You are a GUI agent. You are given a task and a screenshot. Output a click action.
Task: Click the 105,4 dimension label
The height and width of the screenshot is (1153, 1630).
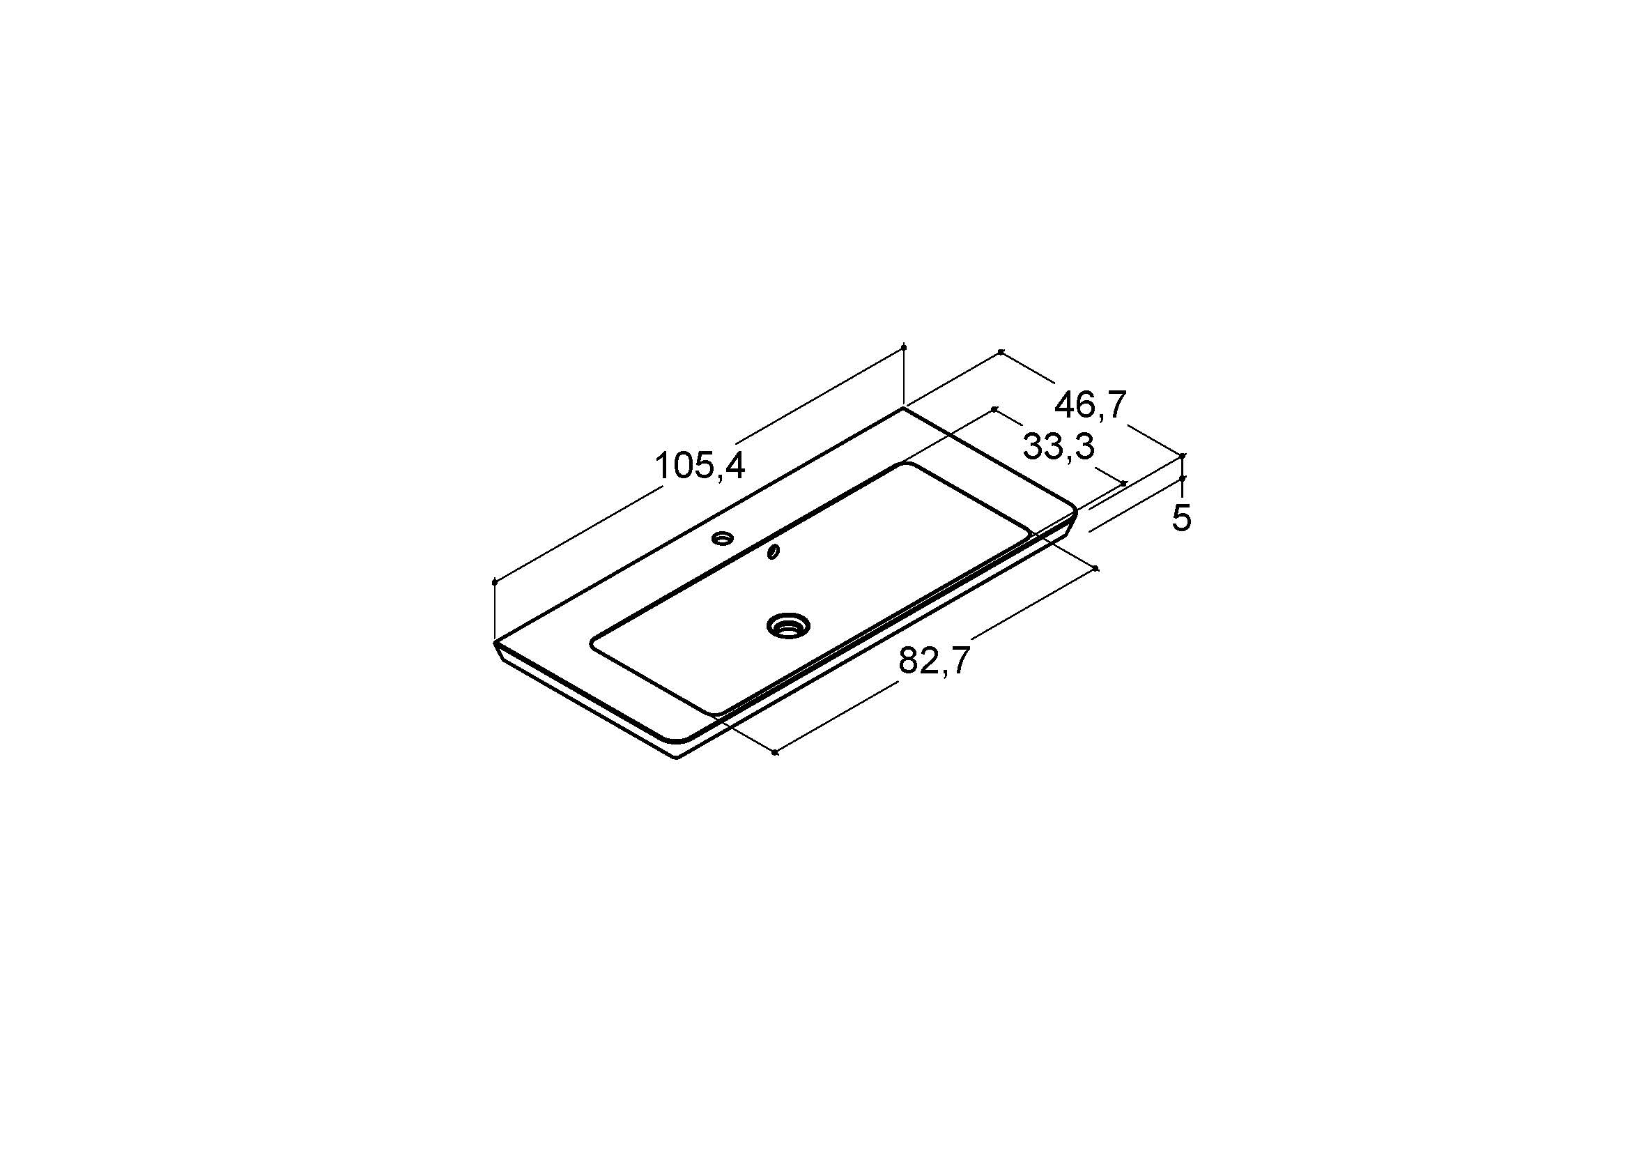700,466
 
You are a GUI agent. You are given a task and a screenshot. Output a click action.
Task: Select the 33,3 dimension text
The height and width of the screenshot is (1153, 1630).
1059,448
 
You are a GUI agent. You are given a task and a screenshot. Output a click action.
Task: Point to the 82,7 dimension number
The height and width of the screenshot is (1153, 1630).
935,662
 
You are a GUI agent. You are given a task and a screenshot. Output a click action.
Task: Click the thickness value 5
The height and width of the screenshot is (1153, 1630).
1181,518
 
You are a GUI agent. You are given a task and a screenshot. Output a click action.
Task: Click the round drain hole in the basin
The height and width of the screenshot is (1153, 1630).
788,625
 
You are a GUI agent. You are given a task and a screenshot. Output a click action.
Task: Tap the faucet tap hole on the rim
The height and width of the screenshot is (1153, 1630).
723,538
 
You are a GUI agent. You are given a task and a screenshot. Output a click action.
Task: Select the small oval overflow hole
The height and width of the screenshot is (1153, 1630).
774,551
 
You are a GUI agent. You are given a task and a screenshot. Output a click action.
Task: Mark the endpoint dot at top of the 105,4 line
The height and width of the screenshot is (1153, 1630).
903,347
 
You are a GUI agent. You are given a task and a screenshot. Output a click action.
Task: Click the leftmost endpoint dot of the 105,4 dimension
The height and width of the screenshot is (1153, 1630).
494,583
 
